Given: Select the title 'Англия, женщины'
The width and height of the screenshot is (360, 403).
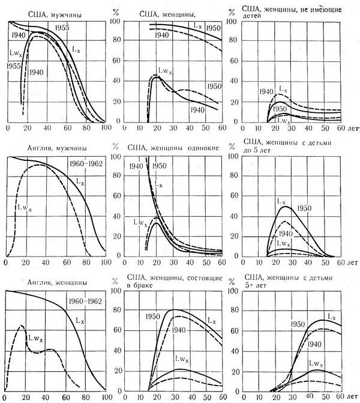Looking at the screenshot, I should click(38, 281).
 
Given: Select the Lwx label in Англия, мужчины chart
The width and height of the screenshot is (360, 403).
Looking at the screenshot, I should click(22, 209).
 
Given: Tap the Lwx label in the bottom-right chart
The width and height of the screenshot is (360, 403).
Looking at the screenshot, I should click(316, 363).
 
